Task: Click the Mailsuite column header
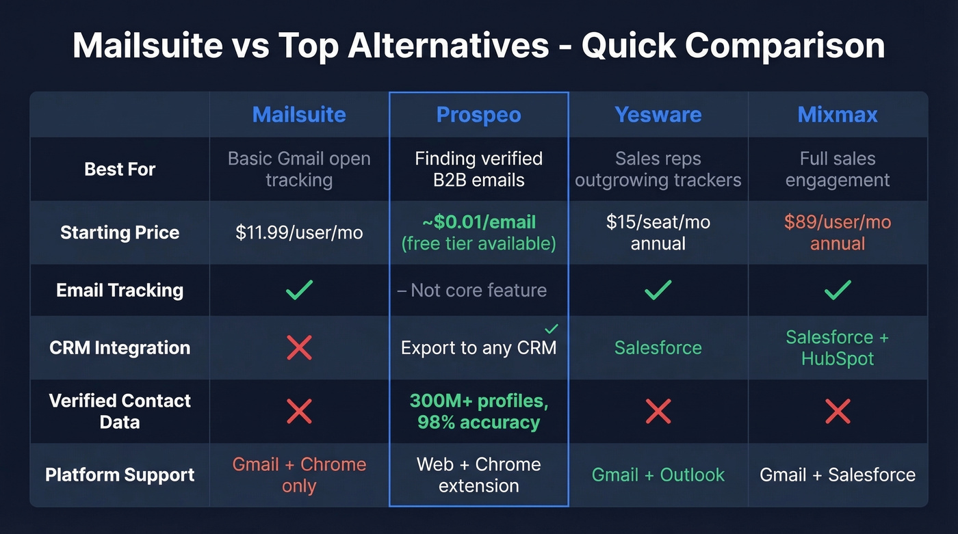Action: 299,114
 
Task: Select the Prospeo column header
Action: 478,115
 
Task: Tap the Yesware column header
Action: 658,114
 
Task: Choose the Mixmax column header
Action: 838,114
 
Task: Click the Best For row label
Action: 120,169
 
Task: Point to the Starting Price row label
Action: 120,232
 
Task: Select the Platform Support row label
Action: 120,475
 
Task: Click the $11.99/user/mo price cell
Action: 299,232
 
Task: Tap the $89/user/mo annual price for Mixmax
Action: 838,232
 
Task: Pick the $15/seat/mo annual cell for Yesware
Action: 658,232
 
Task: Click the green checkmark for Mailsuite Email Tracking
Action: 299,290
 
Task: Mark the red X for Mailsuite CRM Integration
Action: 299,347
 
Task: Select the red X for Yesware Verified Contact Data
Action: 658,411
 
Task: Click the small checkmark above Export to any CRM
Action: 552,329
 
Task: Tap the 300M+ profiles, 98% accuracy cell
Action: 478,412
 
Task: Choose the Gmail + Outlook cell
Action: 658,475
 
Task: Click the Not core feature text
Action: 478,290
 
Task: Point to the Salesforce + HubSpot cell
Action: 838,347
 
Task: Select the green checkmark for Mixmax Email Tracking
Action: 838,290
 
